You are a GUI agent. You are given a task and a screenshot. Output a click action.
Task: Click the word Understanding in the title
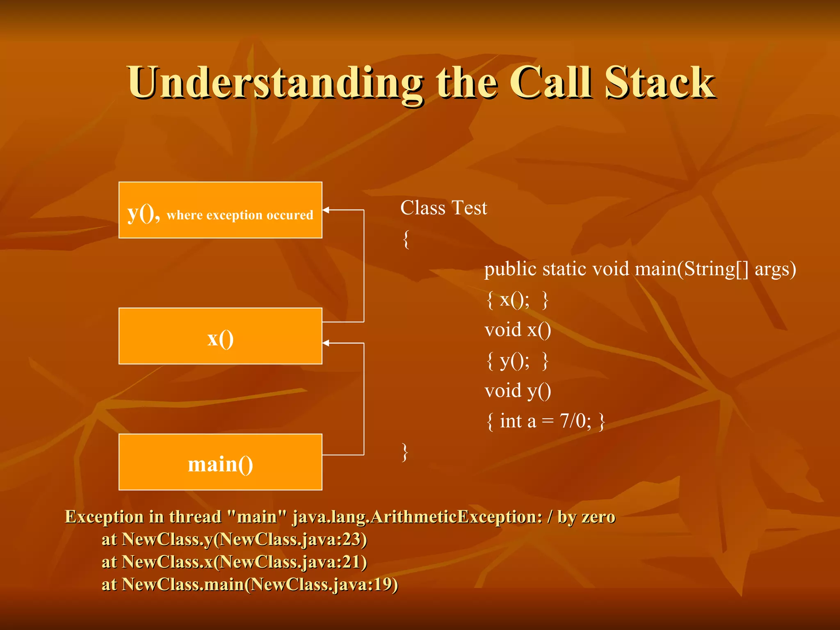click(x=275, y=83)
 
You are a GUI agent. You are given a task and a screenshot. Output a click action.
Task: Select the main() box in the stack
click(x=220, y=462)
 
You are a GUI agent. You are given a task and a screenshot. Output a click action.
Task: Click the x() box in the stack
click(x=220, y=336)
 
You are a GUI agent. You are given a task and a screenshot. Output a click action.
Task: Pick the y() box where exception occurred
click(x=220, y=210)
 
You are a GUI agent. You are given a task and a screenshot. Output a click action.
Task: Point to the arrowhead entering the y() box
click(x=326, y=210)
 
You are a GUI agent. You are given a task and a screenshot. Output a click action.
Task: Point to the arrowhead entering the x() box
click(x=326, y=343)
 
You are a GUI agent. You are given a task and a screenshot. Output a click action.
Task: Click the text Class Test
click(x=443, y=208)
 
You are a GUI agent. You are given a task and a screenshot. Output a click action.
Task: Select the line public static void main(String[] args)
click(x=640, y=269)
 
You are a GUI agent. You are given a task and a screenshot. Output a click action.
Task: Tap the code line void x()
click(x=518, y=330)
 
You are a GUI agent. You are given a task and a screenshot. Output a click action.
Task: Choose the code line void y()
click(x=518, y=391)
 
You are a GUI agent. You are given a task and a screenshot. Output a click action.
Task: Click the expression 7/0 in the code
click(x=575, y=421)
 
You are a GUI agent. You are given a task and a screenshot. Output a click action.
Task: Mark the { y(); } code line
click(x=517, y=361)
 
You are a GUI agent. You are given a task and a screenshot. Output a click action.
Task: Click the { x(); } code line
click(x=517, y=300)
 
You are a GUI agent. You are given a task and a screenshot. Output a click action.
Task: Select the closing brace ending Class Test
click(x=405, y=452)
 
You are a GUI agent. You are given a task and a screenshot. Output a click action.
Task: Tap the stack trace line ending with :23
click(x=234, y=539)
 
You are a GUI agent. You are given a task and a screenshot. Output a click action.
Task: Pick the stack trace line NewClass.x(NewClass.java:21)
click(x=234, y=562)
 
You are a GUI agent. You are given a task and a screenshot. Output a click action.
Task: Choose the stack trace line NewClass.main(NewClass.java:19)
click(x=250, y=584)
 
